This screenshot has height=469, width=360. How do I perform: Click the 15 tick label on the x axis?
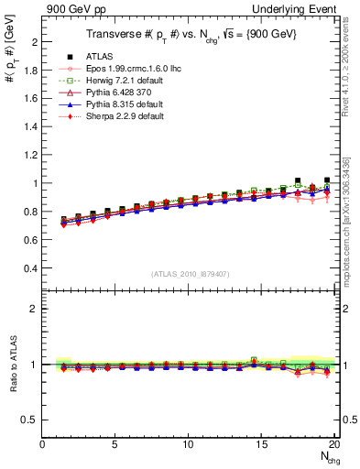(x=261, y=445)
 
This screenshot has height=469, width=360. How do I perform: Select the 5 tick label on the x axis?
(x=115, y=445)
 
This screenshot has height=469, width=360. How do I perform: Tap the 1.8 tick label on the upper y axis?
(x=32, y=71)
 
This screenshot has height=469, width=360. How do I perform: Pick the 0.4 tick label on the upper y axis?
(x=32, y=267)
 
